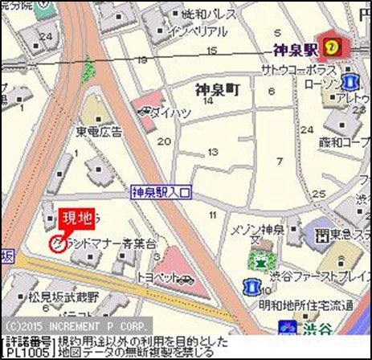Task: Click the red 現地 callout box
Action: pos(77,217)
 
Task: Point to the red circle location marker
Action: pos(57,244)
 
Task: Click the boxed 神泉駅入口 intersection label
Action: pos(162,193)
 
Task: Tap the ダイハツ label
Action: pos(171,112)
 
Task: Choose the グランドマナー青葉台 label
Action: pos(104,242)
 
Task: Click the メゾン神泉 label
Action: pos(258,231)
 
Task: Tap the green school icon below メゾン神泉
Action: pos(258,259)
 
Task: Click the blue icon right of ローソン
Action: pos(350,82)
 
